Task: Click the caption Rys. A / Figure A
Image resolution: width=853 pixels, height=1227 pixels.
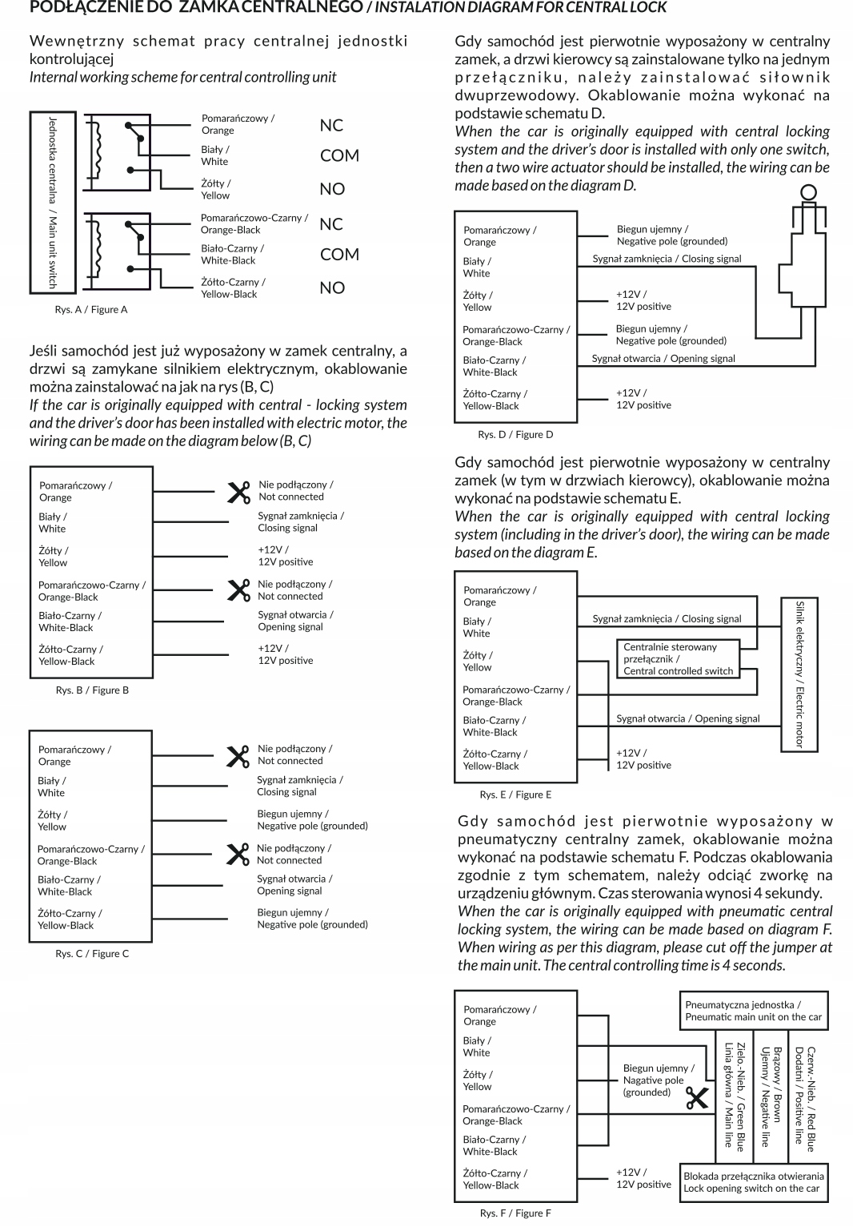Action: [91, 310]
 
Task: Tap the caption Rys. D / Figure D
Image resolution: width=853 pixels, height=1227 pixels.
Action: [515, 435]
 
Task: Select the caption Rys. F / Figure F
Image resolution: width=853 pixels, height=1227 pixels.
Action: [515, 1213]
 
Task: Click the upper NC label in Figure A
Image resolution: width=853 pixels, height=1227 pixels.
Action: [331, 126]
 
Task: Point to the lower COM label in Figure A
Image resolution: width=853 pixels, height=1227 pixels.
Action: [339, 255]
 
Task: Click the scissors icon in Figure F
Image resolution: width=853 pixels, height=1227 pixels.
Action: [697, 1098]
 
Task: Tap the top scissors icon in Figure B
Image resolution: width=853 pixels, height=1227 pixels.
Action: [238, 492]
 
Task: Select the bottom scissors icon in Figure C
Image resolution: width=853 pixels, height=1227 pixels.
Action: [238, 855]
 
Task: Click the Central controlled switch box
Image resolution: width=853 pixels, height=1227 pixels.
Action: [678, 659]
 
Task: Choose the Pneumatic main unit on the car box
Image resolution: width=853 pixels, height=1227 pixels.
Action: [753, 1011]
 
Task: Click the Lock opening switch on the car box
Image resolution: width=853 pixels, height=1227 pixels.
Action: [753, 1182]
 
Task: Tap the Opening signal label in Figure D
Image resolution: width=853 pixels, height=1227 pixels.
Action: [663, 359]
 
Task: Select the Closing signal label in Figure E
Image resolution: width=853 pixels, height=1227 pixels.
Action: [667, 619]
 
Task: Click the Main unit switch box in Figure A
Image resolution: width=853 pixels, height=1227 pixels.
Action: [52, 202]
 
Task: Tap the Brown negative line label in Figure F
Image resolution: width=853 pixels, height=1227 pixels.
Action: [770, 1096]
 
